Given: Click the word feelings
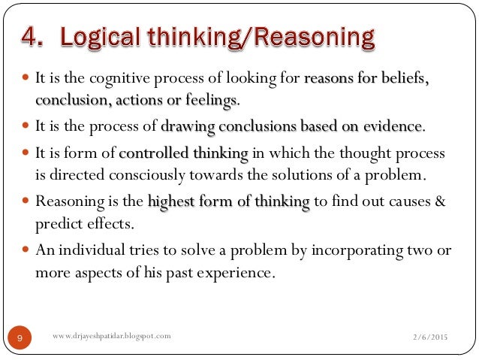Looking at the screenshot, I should pos(210,99).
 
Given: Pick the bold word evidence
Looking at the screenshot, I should pos(393,126).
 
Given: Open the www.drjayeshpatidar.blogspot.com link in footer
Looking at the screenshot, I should pos(113,336).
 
